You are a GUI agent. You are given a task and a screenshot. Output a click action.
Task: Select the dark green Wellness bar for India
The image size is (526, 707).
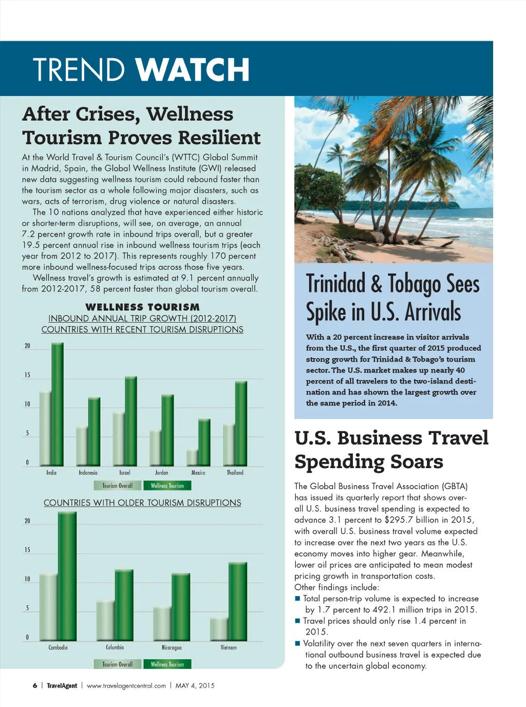(58, 405)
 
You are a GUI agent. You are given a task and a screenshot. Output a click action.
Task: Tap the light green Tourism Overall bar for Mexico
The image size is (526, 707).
(192, 458)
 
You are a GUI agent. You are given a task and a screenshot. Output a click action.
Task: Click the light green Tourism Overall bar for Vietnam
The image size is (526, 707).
(219, 629)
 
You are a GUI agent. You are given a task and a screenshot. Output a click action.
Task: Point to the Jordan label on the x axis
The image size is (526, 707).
(162, 473)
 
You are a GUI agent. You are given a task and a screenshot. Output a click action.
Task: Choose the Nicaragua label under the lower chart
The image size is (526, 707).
(172, 648)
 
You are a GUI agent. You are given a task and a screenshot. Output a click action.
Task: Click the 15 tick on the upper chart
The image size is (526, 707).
(27, 375)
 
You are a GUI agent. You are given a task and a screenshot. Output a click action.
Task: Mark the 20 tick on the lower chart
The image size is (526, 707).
(27, 521)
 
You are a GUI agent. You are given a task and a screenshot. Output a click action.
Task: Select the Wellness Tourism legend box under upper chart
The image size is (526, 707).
(167, 486)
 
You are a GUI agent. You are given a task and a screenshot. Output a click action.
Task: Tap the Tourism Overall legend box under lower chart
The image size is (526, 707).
(118, 664)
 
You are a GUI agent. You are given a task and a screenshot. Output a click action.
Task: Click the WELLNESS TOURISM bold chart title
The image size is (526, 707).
(142, 307)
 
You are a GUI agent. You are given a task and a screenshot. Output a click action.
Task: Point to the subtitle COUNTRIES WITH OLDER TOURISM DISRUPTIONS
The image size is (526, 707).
(142, 503)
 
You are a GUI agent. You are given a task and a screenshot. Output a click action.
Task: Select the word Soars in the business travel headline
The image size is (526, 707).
(417, 461)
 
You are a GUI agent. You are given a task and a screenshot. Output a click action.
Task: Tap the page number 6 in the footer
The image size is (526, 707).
(35, 685)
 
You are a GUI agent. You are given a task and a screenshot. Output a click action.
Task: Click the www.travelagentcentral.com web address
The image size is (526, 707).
(126, 685)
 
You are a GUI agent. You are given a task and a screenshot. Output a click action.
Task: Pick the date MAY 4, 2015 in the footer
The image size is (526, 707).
(195, 685)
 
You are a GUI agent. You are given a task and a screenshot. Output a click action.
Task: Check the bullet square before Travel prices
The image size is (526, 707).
(297, 621)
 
